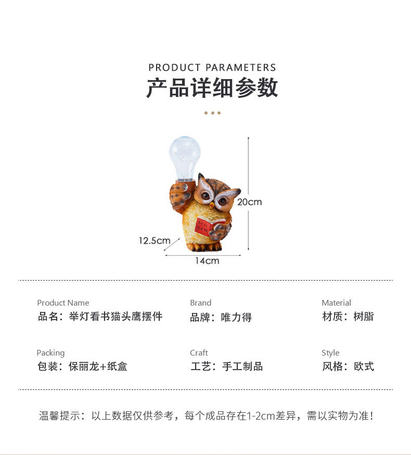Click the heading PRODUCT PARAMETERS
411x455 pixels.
tap(212, 68)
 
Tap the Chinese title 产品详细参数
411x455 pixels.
tap(212, 89)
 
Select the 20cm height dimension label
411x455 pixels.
tap(249, 202)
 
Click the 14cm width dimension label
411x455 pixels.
tap(207, 261)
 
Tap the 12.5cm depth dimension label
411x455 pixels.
tap(155, 241)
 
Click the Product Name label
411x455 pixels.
tap(63, 303)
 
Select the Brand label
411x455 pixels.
tap(200, 303)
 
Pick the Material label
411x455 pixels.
tap(336, 303)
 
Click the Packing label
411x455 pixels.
tap(50, 353)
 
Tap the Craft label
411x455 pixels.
tap(199, 353)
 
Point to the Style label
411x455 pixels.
tap(330, 353)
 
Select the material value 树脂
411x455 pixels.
tap(364, 317)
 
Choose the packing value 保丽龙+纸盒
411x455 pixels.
tap(98, 366)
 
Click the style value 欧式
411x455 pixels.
tap(364, 366)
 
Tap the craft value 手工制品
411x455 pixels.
tap(242, 366)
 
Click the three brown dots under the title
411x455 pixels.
tap(212, 113)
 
